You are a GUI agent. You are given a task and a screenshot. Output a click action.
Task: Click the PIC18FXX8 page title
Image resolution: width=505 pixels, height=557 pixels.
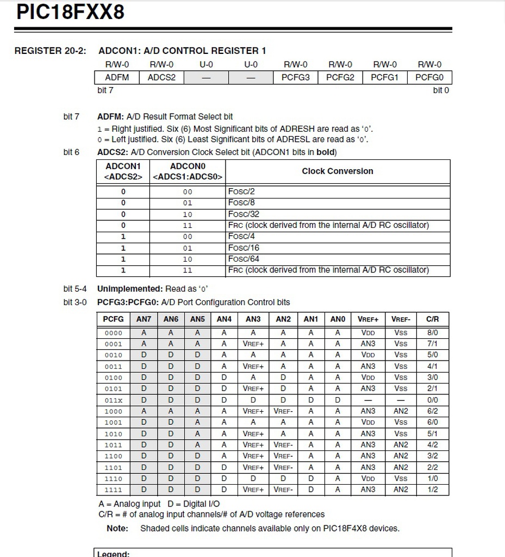[x=71, y=12]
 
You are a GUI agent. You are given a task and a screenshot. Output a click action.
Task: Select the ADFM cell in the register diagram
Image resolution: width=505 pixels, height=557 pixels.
[x=117, y=77]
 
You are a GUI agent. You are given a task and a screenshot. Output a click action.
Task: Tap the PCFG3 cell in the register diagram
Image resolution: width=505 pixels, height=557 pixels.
[x=295, y=77]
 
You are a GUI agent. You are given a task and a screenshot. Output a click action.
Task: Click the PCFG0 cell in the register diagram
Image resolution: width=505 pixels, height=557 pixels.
[x=429, y=77]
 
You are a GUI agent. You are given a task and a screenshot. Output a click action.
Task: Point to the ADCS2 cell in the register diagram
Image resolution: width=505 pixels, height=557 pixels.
[x=161, y=77]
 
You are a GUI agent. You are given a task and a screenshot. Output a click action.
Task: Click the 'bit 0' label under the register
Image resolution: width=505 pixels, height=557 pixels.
[x=441, y=90]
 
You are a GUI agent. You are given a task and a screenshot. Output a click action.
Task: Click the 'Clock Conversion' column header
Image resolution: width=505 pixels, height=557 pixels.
[x=338, y=171]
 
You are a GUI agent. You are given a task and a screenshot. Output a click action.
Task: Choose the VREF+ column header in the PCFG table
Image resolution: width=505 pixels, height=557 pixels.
[x=368, y=319]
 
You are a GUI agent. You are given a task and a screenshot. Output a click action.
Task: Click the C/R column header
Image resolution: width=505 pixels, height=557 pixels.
[x=433, y=319]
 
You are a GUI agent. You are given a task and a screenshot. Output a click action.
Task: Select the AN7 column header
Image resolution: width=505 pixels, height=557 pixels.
[x=144, y=319]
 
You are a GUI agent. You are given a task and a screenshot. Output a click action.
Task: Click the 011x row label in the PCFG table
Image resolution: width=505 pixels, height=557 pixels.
[x=114, y=400]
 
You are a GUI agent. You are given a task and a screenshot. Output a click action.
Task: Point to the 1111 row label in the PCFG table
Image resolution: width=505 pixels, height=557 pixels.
[x=114, y=490]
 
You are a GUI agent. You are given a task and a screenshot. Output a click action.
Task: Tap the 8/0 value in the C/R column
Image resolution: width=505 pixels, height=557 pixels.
[x=433, y=332]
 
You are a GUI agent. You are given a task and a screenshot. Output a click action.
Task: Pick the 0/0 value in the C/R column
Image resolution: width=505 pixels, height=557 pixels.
[x=433, y=400]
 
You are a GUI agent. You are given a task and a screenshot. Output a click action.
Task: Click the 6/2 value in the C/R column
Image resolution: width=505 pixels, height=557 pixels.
[x=433, y=411]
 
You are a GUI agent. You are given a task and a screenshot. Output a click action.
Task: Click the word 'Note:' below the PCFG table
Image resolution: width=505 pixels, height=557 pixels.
[x=117, y=528]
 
